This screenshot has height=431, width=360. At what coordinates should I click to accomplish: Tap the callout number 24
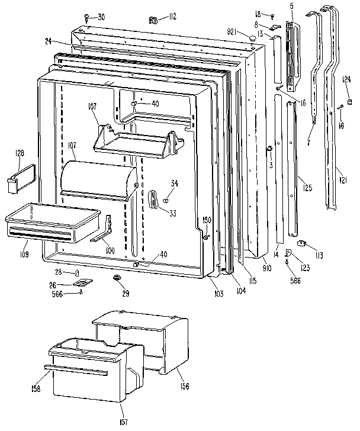[47, 41]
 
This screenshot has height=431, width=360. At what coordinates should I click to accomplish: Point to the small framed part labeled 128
[19, 179]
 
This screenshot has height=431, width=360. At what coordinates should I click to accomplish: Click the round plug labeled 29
[116, 278]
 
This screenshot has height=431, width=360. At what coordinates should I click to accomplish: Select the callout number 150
[207, 220]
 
